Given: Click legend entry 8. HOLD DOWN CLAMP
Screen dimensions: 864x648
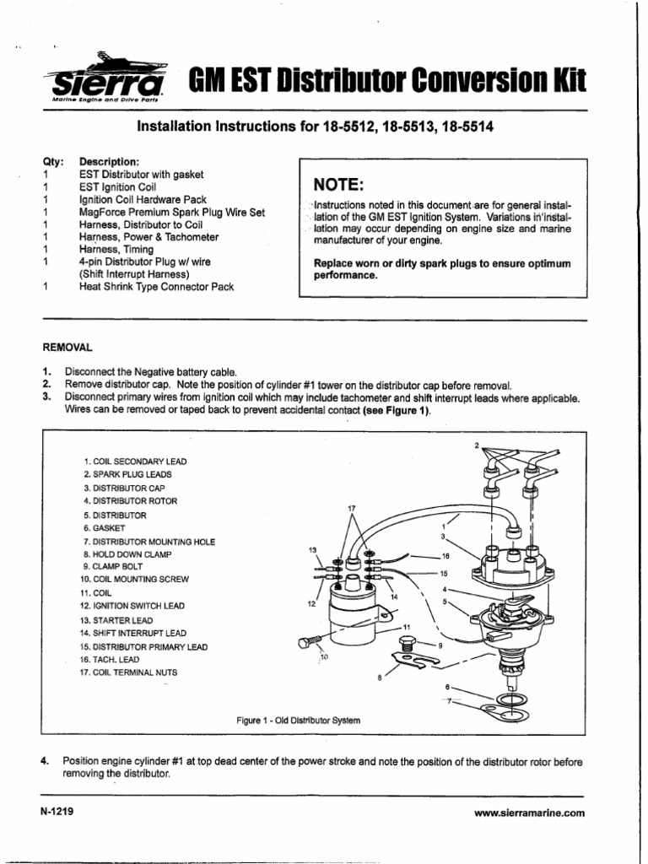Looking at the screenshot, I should (x=134, y=553).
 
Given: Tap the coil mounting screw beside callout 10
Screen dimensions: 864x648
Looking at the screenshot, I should (x=307, y=643).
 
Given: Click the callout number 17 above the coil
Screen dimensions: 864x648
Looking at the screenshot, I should (x=352, y=509).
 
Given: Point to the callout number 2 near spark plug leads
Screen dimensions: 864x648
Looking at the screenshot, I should (x=476, y=445).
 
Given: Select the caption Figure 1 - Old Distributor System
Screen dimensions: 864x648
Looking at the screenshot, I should (x=298, y=721).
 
